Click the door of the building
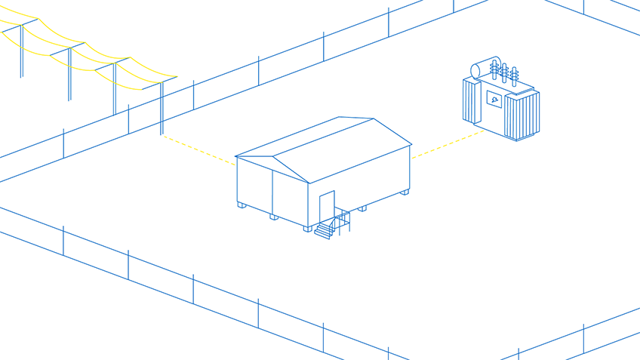tap(327, 206)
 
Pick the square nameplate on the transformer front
tap(494, 98)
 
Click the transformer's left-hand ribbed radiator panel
tap(471, 101)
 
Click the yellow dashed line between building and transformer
tap(447, 144)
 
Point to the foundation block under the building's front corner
tap(308, 227)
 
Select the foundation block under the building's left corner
tap(242, 205)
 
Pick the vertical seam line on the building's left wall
tap(272, 192)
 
